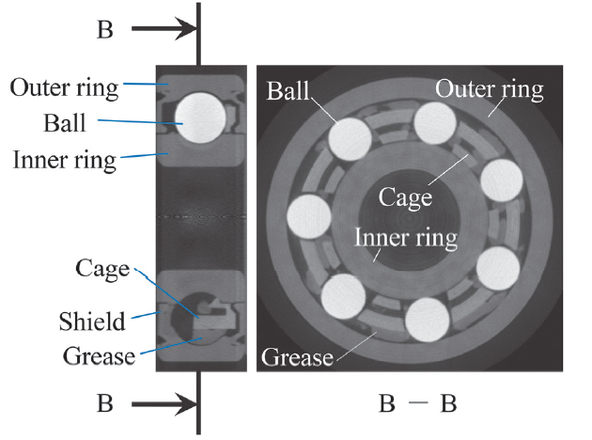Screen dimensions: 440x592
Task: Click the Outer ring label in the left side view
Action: pyautogui.click(x=64, y=88)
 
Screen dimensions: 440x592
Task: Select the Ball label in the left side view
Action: pyautogui.click(x=64, y=123)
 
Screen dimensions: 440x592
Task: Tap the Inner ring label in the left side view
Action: pyautogui.click(x=64, y=159)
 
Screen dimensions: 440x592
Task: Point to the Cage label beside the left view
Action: pyautogui.click(x=101, y=270)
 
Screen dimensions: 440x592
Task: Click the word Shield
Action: pyautogui.click(x=91, y=322)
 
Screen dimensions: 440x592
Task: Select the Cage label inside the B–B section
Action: pyautogui.click(x=405, y=197)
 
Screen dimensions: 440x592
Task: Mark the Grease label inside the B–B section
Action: pyautogui.click(x=296, y=357)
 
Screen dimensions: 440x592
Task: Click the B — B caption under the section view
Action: pyautogui.click(x=417, y=406)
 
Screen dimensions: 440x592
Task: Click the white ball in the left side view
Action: pyautogui.click(x=199, y=118)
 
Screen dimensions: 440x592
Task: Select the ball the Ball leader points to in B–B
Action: pyautogui.click(x=350, y=141)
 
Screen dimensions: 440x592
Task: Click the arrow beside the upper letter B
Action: pyautogui.click(x=162, y=30)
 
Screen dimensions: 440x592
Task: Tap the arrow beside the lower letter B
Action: pyautogui.click(x=162, y=406)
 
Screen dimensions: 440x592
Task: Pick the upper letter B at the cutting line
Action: pyautogui.click(x=105, y=30)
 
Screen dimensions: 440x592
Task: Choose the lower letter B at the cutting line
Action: pyautogui.click(x=105, y=406)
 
